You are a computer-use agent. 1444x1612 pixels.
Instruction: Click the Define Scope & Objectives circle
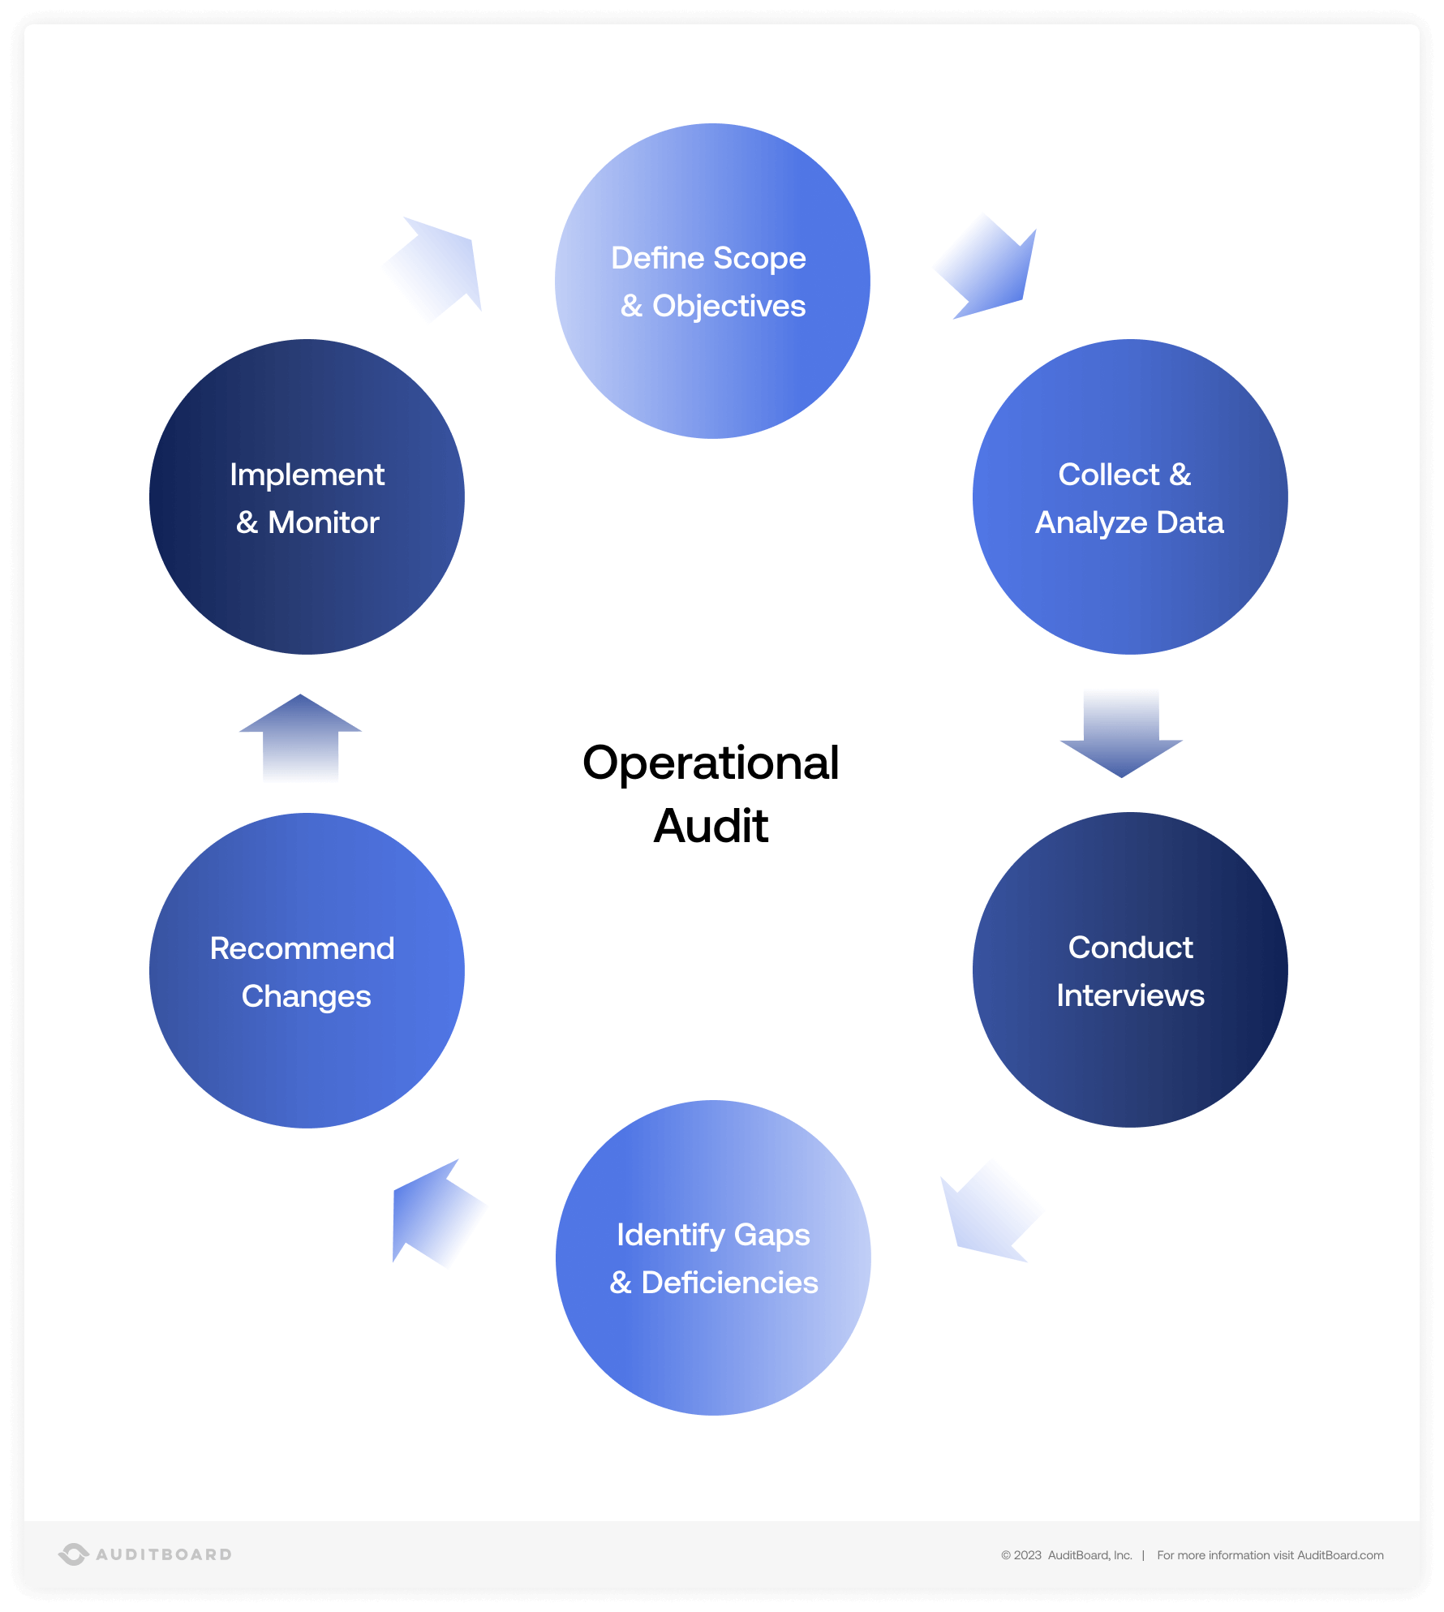coord(712,281)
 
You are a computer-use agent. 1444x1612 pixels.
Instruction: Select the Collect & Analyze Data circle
coord(1129,496)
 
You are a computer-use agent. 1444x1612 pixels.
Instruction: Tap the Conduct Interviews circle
coord(1129,969)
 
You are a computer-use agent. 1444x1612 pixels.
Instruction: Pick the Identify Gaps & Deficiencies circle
coord(712,1257)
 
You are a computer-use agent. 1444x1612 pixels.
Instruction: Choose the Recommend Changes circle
coord(307,970)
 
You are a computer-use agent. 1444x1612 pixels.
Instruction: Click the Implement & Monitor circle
coord(307,496)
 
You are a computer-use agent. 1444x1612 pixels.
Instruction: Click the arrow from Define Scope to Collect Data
coord(991,267)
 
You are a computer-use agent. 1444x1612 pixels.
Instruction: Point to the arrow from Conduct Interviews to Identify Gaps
coord(989,1213)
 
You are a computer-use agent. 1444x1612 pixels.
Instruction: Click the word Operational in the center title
coord(711,763)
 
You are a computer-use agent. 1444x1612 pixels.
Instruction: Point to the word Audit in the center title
coord(711,826)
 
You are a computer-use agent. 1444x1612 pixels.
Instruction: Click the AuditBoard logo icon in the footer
coord(73,1554)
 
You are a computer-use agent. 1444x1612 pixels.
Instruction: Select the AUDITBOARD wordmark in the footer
coord(164,1554)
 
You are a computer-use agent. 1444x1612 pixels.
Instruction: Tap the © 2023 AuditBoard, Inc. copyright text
coord(1066,1555)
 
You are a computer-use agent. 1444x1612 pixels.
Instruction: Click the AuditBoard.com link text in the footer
coord(1340,1555)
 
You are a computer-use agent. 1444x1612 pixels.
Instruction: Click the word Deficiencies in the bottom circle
coord(729,1283)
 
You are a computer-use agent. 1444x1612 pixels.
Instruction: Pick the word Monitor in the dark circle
coord(323,522)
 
